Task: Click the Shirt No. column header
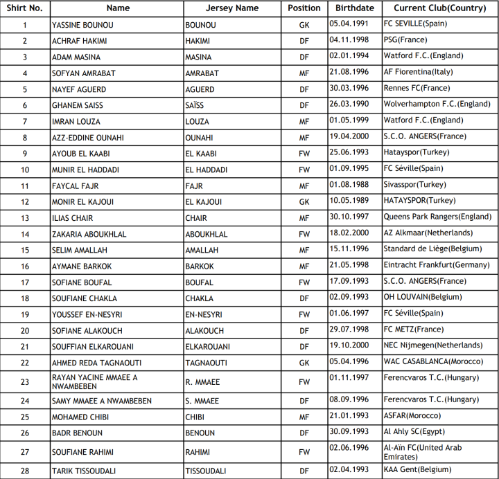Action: point(24,8)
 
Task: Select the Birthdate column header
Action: point(354,8)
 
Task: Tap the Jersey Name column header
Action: point(232,8)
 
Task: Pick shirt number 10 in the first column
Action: point(24,170)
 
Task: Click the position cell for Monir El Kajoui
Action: point(304,202)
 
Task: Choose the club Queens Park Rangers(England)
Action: point(437,217)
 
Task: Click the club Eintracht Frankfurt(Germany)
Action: point(437,265)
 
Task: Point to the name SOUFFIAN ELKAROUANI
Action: point(92,346)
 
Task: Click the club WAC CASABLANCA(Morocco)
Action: point(434,361)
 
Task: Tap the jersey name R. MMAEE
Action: point(203,381)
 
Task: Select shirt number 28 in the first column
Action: point(24,471)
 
